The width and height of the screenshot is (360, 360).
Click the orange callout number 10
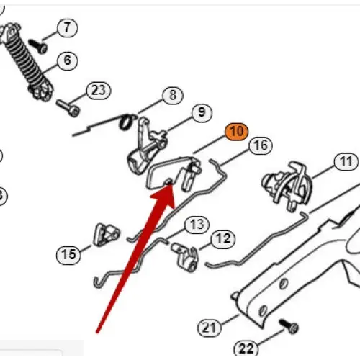[236, 132]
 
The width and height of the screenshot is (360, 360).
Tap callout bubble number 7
[68, 27]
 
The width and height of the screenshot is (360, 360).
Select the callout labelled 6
[68, 60]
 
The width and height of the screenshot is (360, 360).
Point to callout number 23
[99, 91]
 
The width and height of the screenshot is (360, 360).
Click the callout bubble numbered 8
[173, 95]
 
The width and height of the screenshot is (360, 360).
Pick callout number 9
[202, 112]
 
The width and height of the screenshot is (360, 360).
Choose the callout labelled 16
[261, 145]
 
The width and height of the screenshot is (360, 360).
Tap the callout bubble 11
[346, 162]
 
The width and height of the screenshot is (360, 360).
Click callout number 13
[197, 225]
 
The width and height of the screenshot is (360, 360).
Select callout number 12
[223, 239]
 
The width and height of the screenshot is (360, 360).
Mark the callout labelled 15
[68, 255]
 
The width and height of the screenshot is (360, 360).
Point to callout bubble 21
[210, 328]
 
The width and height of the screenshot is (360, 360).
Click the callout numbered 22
[246, 348]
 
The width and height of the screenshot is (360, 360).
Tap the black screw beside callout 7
[37, 46]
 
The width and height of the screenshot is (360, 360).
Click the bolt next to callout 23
[68, 108]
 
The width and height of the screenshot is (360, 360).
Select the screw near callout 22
[289, 326]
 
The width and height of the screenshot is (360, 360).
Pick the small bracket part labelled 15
[107, 235]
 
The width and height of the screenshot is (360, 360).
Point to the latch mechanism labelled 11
[287, 186]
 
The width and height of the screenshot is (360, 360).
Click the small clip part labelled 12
[185, 257]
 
